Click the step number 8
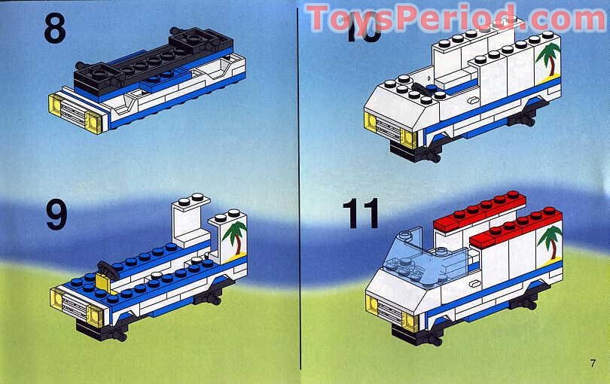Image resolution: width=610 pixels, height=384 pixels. (55, 29)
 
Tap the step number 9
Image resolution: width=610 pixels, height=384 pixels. (56, 214)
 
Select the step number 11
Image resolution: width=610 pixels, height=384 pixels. (361, 214)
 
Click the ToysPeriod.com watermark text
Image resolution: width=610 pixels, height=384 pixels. (455, 18)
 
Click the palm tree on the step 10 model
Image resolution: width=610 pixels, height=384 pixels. (548, 59)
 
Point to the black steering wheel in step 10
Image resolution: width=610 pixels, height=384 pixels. (417, 90)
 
